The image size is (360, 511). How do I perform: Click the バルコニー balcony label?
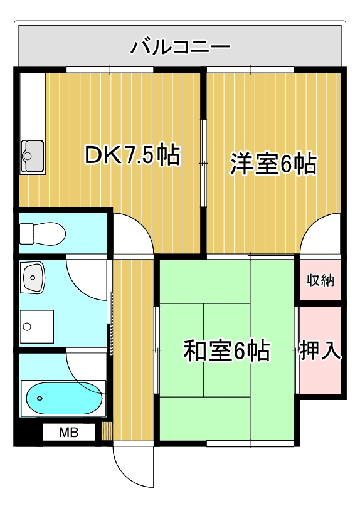181,46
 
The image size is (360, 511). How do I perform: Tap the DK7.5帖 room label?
132,154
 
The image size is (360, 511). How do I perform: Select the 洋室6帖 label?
273,164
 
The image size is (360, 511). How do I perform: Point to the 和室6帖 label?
226,351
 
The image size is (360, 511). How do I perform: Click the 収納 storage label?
320,280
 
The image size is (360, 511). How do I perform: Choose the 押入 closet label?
320,350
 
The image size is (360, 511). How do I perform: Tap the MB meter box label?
69,432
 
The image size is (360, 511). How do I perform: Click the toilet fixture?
43,233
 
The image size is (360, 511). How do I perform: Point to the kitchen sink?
33,156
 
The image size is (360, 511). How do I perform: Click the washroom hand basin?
32,278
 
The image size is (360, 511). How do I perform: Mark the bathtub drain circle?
40,398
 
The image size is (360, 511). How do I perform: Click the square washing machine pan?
37,327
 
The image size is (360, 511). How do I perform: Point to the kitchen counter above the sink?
33,107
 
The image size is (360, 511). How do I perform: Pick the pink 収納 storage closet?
320,280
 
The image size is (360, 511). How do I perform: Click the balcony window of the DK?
110,70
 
